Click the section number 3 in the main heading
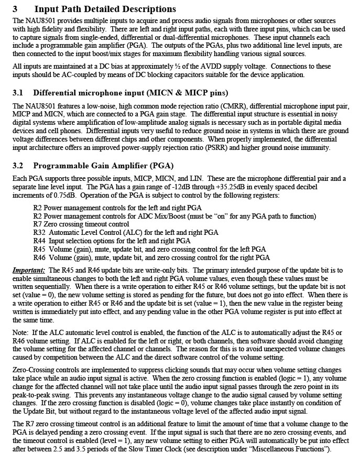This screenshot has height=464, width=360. tap(15, 9)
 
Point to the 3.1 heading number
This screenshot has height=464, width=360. tap(18, 93)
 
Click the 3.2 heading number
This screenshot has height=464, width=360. tap(18, 166)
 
